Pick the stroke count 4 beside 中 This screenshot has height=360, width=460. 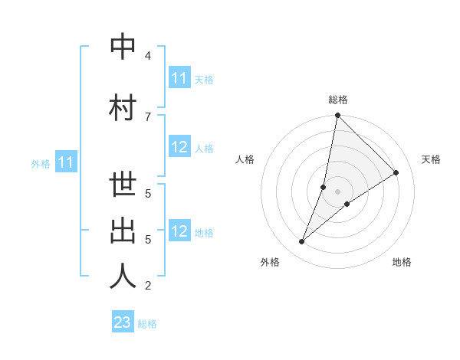coord(147,56)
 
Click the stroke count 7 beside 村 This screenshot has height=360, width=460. coord(147,116)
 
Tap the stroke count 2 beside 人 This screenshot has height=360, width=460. coord(147,286)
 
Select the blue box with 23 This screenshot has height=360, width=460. coord(123,322)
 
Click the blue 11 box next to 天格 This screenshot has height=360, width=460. coord(179,78)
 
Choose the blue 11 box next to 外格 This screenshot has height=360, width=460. coord(66,162)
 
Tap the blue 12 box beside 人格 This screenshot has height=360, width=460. coord(179,148)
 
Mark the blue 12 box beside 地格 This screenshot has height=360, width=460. coord(179,232)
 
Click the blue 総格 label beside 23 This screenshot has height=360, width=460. coord(147,324)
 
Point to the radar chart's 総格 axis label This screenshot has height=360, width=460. coord(338,100)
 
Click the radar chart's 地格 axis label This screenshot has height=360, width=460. coord(402,262)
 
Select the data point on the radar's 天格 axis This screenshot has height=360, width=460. coord(396,173)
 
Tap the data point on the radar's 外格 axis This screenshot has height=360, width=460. coord(302,242)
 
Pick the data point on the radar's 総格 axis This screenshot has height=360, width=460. coord(338,116)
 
